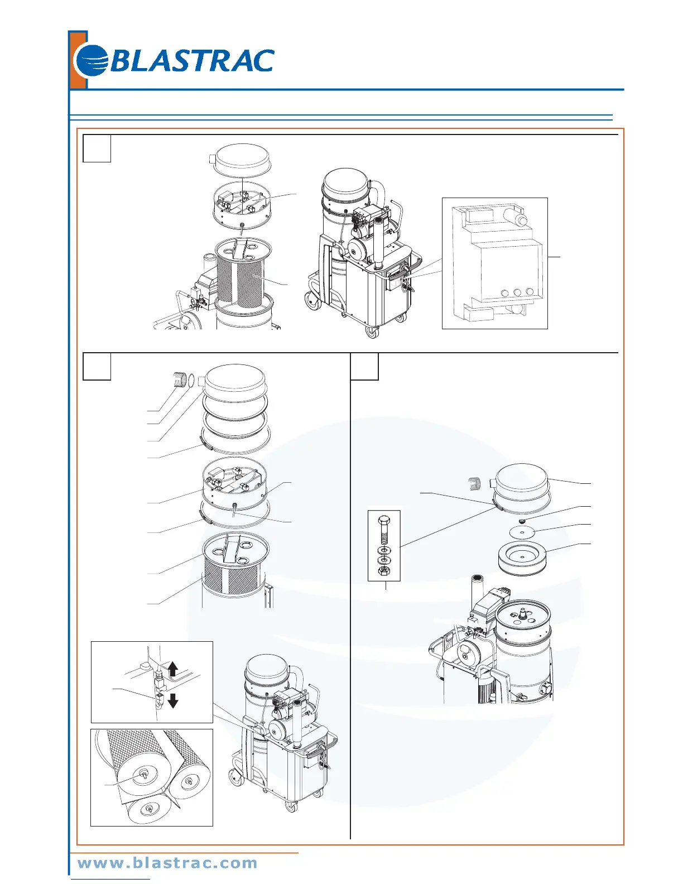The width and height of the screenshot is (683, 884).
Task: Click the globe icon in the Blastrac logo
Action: pyautogui.click(x=92, y=60)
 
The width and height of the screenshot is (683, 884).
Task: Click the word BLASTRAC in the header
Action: pyautogui.click(x=191, y=61)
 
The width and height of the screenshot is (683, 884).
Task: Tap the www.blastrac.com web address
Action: pyautogui.click(x=167, y=863)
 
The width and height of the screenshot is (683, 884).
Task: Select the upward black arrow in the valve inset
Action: pyautogui.click(x=173, y=669)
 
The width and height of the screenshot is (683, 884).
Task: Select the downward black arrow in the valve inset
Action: pyautogui.click(x=173, y=700)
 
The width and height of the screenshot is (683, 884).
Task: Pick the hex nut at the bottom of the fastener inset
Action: pyautogui.click(x=383, y=571)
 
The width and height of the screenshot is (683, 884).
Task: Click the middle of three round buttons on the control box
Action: pyautogui.click(x=517, y=292)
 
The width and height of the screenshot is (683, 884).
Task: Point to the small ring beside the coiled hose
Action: pyautogui.click(x=191, y=381)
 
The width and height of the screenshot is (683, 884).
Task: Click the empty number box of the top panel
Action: pyautogui.click(x=97, y=148)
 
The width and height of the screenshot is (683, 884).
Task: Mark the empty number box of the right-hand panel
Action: pyautogui.click(x=364, y=366)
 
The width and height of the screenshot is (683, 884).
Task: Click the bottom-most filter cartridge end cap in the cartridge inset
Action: pyautogui.click(x=148, y=809)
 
